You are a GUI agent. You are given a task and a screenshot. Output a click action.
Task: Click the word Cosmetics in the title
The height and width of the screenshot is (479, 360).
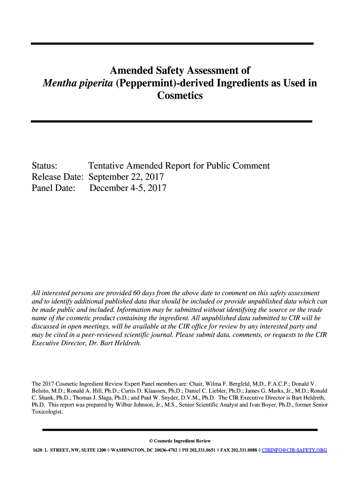click(x=180, y=96)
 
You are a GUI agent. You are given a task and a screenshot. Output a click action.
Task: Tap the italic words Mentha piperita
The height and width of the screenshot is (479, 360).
click(x=75, y=84)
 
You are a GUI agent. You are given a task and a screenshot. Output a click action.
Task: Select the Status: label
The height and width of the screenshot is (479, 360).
click(x=44, y=166)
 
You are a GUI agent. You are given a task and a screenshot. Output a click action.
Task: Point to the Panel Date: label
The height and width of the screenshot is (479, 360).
click(x=53, y=189)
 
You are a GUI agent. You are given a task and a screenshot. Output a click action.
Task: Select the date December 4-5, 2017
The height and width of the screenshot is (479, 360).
click(x=128, y=189)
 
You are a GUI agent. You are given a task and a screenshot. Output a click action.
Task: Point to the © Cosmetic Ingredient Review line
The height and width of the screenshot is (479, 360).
click(x=180, y=441)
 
